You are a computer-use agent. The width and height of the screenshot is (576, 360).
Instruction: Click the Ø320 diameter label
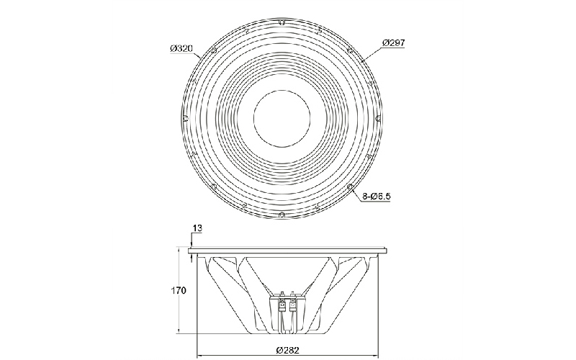pyautogui.click(x=181, y=48)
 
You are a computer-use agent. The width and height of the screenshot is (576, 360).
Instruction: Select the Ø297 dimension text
pyautogui.click(x=393, y=42)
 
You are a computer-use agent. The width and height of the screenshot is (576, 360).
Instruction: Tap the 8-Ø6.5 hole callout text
pyautogui.click(x=376, y=196)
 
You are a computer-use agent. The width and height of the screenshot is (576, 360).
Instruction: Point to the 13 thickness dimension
pyautogui.click(x=197, y=228)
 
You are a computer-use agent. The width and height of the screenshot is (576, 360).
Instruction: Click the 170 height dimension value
pyautogui.click(x=179, y=291)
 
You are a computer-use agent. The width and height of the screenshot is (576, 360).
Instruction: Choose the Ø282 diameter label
pyautogui.click(x=287, y=350)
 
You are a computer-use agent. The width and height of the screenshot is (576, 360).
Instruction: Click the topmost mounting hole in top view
pyautogui.click(x=282, y=22)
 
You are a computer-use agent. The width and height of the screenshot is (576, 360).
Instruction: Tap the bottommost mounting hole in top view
pyautogui.click(x=282, y=215)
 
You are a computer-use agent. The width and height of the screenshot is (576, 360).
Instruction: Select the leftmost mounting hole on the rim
pyautogui.click(x=186, y=118)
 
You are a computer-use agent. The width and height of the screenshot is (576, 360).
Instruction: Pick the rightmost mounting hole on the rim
pyautogui.click(x=378, y=118)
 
